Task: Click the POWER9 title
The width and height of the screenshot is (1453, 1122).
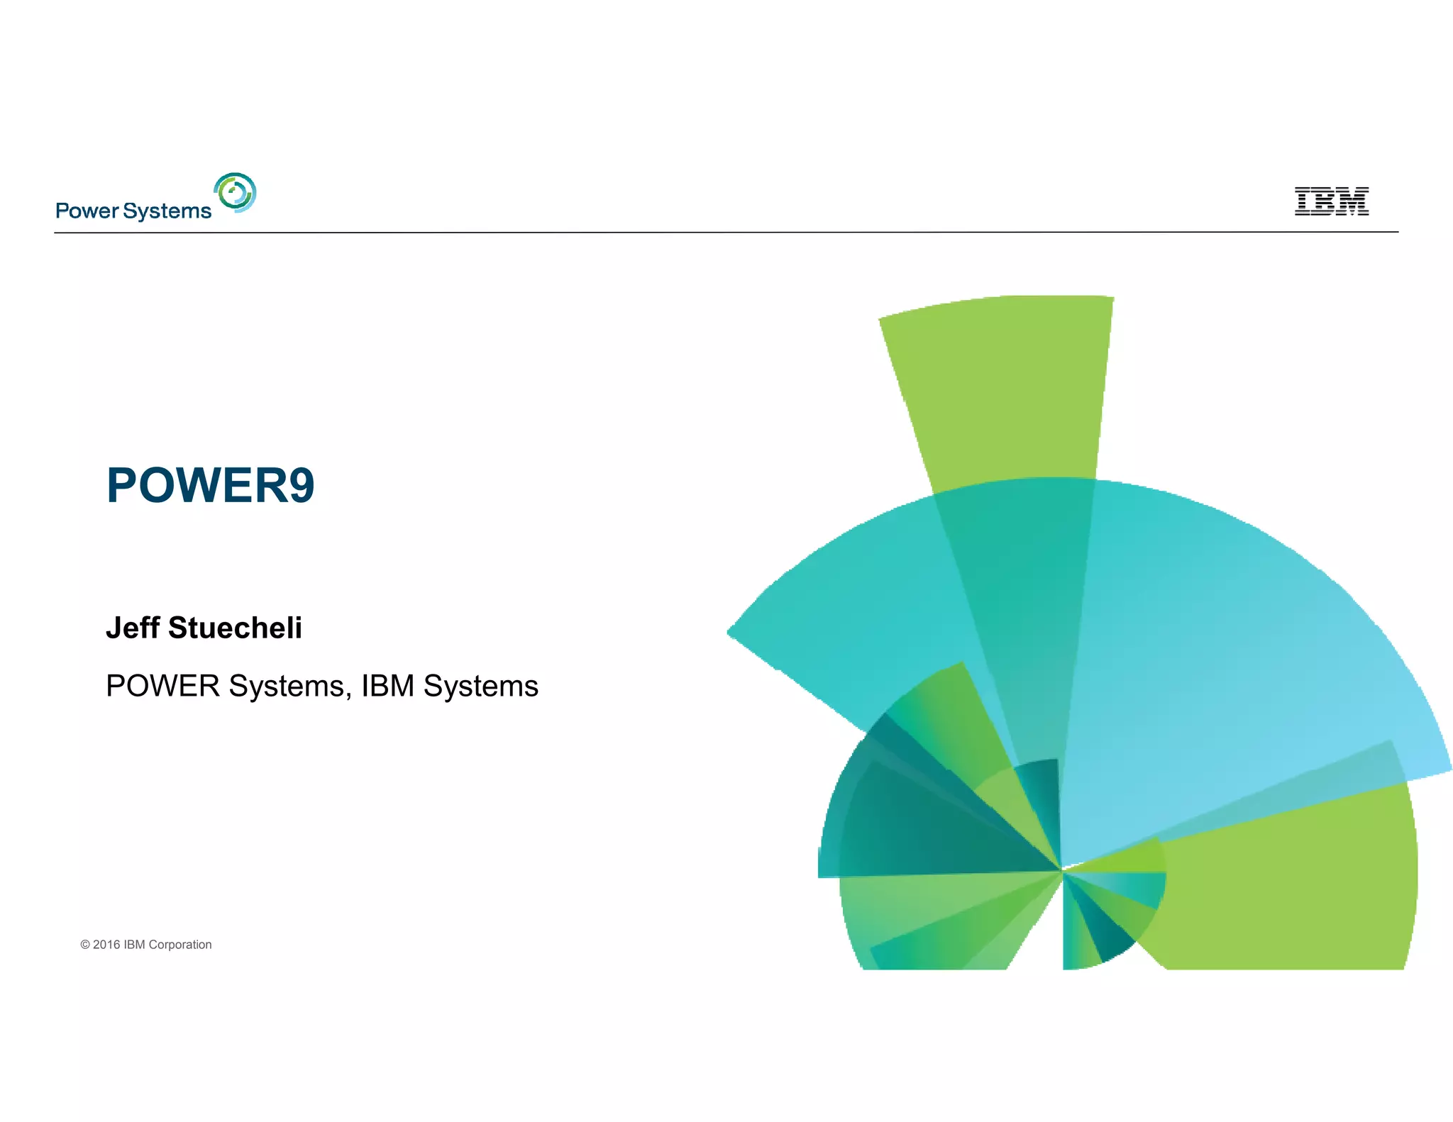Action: (x=210, y=486)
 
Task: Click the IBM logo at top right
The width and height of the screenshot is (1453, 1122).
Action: (x=1331, y=201)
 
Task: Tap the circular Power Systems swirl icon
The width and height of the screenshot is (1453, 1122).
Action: (x=235, y=192)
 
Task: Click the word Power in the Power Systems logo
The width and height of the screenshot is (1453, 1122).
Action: (x=87, y=211)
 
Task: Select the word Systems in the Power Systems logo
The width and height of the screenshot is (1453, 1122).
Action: (x=167, y=211)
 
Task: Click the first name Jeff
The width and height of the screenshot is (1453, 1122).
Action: (x=133, y=628)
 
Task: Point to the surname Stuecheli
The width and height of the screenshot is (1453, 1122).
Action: (x=235, y=628)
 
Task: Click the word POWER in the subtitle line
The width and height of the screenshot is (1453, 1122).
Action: (x=162, y=687)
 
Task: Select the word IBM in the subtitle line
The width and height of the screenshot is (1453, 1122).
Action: (x=387, y=687)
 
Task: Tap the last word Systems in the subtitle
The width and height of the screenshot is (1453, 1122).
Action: (x=480, y=687)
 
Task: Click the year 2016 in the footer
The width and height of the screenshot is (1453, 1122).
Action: (x=106, y=945)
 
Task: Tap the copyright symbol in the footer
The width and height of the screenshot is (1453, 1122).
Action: (x=85, y=945)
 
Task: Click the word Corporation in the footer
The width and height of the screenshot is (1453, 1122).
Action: (x=179, y=945)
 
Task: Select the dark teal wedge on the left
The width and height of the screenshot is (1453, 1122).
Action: (x=922, y=823)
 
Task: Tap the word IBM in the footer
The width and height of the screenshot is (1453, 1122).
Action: (x=134, y=945)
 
